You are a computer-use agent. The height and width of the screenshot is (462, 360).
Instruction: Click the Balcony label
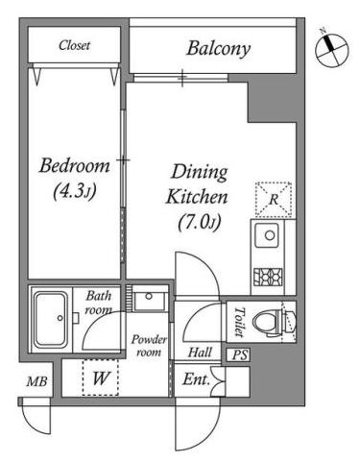click(218, 49)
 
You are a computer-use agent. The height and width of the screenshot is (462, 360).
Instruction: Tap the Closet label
click(74, 45)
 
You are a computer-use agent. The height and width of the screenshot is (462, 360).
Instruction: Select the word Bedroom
click(74, 165)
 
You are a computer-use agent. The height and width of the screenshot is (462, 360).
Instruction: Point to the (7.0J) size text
click(200, 222)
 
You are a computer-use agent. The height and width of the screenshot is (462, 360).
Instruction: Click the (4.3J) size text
click(75, 191)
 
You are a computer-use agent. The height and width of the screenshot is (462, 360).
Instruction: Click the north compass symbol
click(331, 50)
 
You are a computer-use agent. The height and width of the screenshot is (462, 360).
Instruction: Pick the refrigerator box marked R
click(274, 199)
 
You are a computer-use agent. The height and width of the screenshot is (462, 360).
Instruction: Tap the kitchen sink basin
click(267, 235)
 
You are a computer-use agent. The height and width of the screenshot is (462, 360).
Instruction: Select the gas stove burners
click(268, 277)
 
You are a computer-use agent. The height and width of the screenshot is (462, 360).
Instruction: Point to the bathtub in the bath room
click(51, 319)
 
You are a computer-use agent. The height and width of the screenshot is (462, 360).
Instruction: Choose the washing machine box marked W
click(101, 377)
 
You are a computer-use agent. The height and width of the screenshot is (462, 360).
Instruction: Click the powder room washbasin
click(150, 300)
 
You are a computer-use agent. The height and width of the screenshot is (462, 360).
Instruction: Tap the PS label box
click(240, 355)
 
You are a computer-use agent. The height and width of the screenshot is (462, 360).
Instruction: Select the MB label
click(36, 381)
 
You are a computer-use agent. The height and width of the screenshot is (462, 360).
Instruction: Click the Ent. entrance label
click(196, 379)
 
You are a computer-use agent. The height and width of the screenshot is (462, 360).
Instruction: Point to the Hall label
click(200, 353)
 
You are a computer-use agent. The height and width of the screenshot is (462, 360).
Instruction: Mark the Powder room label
click(149, 346)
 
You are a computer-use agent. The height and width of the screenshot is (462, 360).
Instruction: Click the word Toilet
click(240, 322)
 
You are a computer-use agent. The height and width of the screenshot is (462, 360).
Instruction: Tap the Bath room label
click(99, 303)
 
